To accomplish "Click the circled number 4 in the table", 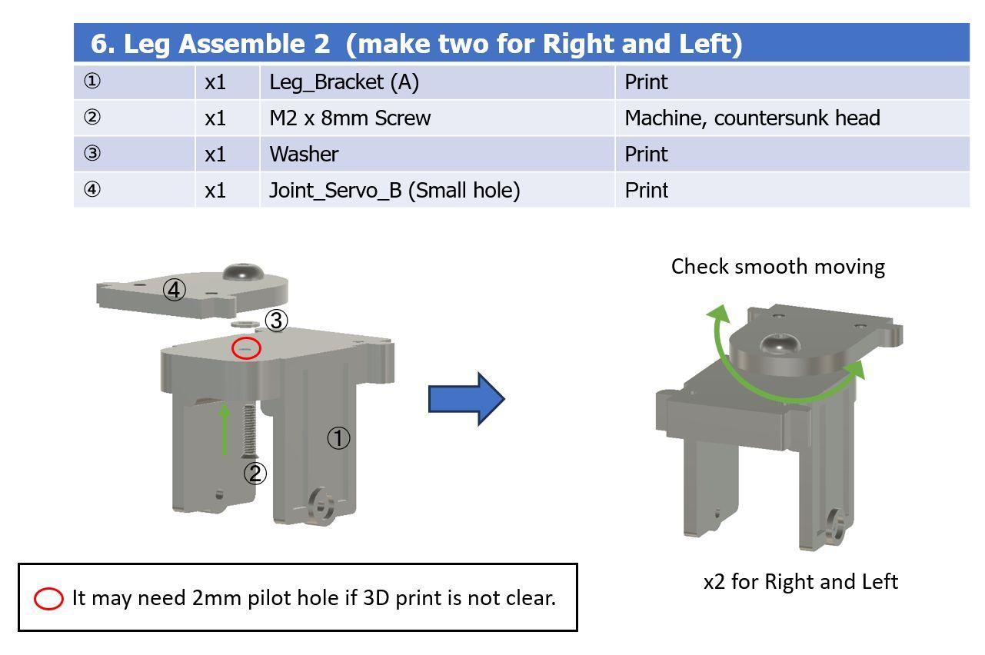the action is point(92,189).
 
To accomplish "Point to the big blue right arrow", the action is point(467,399).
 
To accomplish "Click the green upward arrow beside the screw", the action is point(225,429).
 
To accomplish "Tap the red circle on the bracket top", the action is point(246,348).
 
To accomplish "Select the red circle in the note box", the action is point(48,599).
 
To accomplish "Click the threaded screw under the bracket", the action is point(249,431).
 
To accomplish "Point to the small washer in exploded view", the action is point(245,324).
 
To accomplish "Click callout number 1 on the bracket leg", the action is point(338,438).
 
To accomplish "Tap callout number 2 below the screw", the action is point(255,474).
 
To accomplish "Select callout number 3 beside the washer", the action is point(277,321).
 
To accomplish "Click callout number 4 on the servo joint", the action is point(174,290).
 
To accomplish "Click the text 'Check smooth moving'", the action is point(778,267).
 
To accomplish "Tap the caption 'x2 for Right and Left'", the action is point(800,582).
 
